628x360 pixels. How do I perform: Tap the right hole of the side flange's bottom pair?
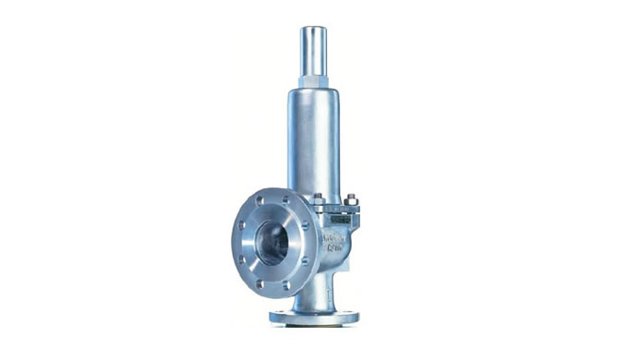click(284, 285)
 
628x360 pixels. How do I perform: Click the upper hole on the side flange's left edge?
click(242, 223)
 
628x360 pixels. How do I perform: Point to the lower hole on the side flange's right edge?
click(305, 261)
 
